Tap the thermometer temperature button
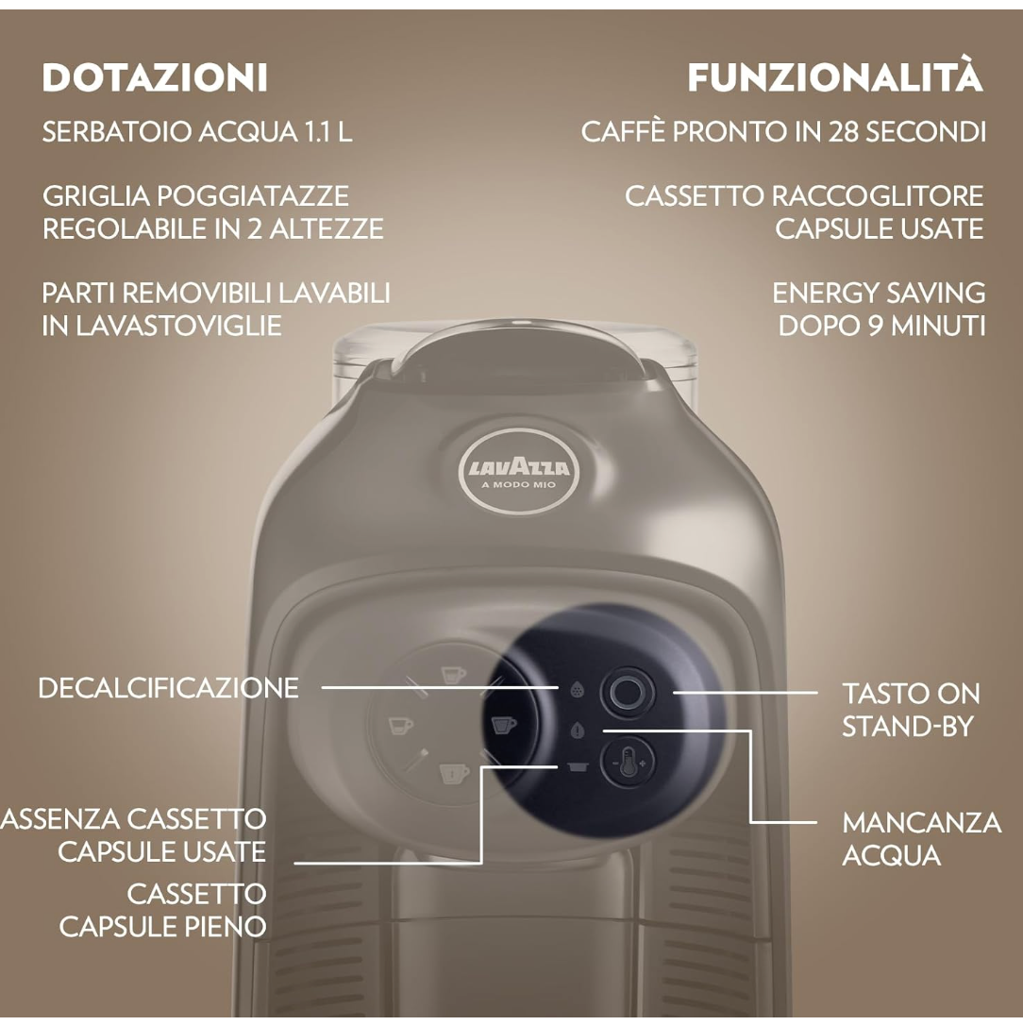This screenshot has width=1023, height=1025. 628,761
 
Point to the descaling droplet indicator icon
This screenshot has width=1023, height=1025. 578,690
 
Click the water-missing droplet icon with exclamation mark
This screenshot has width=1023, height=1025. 578,731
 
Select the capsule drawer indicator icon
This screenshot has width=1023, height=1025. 578,767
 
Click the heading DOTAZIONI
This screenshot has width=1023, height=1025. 155,77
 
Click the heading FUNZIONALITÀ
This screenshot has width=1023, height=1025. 835,77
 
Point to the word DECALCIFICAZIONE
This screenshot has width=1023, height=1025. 168,687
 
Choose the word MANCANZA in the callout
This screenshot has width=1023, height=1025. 921,822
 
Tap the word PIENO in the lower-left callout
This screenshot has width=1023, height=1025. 224,926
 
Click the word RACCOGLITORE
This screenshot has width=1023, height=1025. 877,196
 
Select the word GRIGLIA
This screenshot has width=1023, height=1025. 95,196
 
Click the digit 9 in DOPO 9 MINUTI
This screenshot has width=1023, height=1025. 874,325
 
